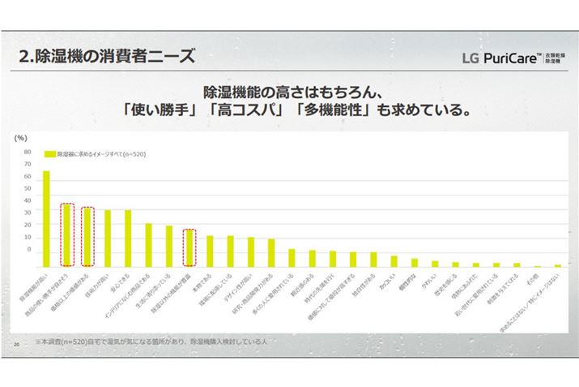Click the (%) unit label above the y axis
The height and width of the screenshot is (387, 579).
(22, 139)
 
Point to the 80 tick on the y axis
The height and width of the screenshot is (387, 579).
(27, 152)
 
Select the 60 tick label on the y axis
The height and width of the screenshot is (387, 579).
(27, 176)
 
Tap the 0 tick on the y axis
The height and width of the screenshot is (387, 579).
(28, 249)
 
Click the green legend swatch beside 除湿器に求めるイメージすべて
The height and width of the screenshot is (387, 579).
(49, 153)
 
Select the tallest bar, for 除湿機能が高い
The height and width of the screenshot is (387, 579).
(46, 218)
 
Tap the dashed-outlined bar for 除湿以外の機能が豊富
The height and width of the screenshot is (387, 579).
(189, 247)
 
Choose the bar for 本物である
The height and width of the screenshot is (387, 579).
(210, 252)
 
